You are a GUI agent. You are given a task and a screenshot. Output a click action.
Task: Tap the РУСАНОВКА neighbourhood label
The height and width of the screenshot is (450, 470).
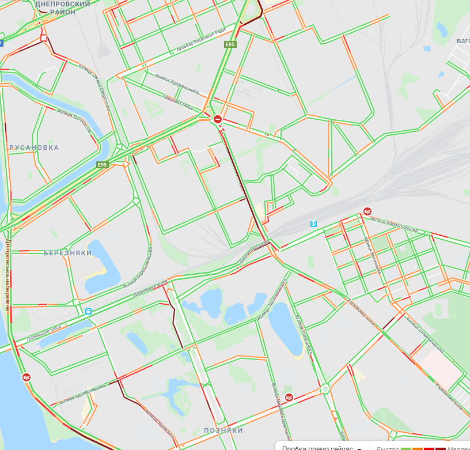coord(34,148)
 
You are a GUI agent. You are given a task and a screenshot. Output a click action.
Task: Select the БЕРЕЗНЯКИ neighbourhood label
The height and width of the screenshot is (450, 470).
coord(68,253)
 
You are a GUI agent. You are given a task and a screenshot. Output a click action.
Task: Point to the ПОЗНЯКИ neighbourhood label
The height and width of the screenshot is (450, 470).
coord(223,430)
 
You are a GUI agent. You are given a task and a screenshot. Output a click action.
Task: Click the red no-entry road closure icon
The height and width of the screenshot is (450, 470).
coord(218,119)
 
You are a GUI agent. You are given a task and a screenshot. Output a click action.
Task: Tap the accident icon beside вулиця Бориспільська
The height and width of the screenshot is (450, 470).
coord(367,211)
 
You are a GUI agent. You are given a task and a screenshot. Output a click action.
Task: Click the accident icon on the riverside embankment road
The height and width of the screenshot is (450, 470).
coord(26,377)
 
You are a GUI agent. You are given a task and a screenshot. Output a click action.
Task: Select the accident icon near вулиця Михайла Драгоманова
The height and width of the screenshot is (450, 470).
coord(289,396)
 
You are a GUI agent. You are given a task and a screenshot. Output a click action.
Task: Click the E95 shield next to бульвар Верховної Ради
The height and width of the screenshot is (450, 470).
coord(230,44)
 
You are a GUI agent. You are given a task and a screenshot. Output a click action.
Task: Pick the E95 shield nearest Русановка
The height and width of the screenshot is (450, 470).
coord(102,165)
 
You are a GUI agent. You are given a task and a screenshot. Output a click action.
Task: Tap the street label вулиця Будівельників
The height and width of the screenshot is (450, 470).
coord(178,84)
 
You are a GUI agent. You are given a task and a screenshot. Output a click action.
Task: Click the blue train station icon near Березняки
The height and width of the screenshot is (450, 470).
coord(89,311)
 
